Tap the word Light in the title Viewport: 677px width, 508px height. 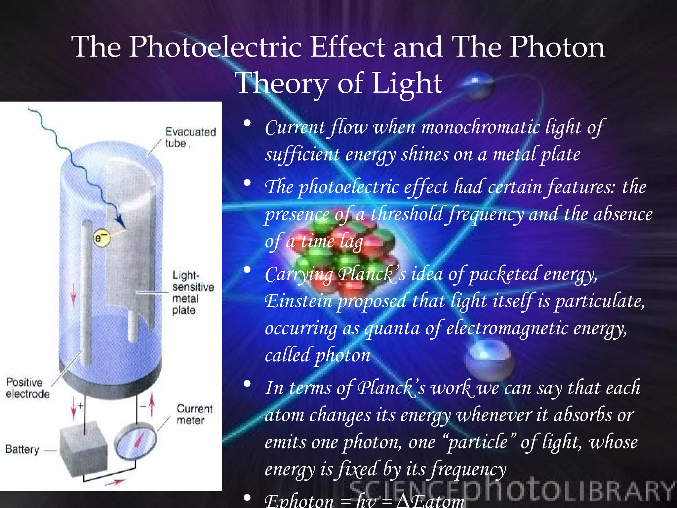tap(407, 83)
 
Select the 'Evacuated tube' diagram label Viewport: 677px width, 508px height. tap(190, 137)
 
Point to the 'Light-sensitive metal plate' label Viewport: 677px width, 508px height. tap(192, 293)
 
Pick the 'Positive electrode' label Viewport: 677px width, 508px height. tap(27, 388)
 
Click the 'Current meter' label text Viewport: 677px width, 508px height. tap(194, 414)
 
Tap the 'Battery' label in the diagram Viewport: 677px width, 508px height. tap(22, 449)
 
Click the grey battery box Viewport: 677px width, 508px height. tap(84, 448)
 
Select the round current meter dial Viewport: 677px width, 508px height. tap(135, 442)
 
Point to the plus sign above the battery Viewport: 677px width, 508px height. tap(80, 405)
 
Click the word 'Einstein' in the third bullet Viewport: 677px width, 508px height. tap(298, 302)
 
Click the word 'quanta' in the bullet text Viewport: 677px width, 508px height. tap(392, 329)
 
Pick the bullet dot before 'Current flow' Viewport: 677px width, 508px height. tap(247, 123)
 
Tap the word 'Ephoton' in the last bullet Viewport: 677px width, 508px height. tap(299, 501)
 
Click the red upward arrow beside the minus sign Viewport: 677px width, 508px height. tap(152, 405)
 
